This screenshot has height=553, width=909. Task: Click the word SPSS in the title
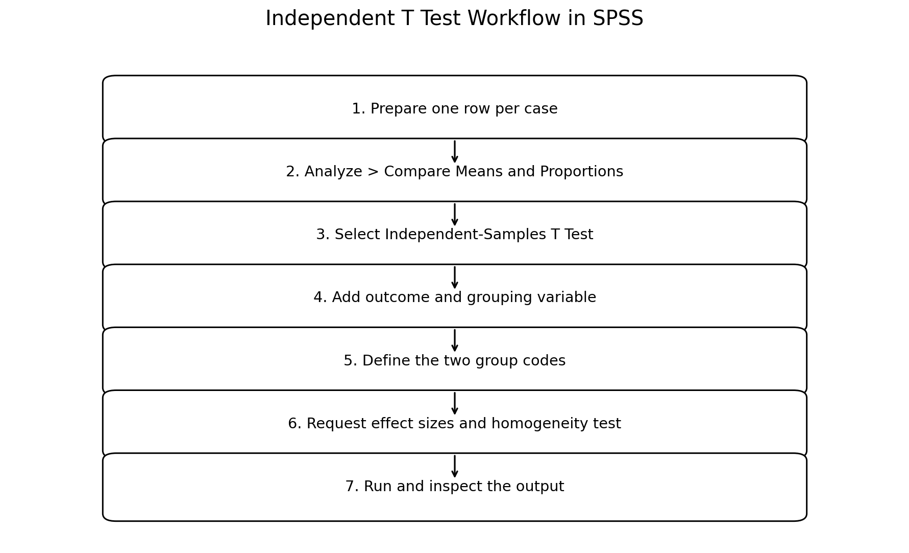point(618,19)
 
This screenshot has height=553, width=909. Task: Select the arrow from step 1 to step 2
point(455,151)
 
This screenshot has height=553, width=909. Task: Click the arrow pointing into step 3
point(455,215)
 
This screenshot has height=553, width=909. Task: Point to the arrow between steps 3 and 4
point(455,278)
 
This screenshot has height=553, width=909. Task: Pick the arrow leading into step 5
point(455,340)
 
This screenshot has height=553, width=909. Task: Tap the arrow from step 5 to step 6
point(455,403)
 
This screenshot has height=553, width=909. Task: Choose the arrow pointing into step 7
point(455,466)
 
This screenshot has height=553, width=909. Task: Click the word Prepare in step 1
point(396,109)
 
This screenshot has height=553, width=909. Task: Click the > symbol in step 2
point(373,172)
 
